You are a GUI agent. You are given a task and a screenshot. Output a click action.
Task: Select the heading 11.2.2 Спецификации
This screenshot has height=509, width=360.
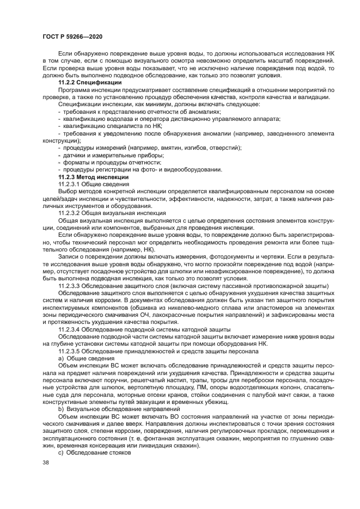click(90, 81)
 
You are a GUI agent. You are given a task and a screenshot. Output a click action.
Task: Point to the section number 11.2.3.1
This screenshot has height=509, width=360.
click(71, 185)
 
